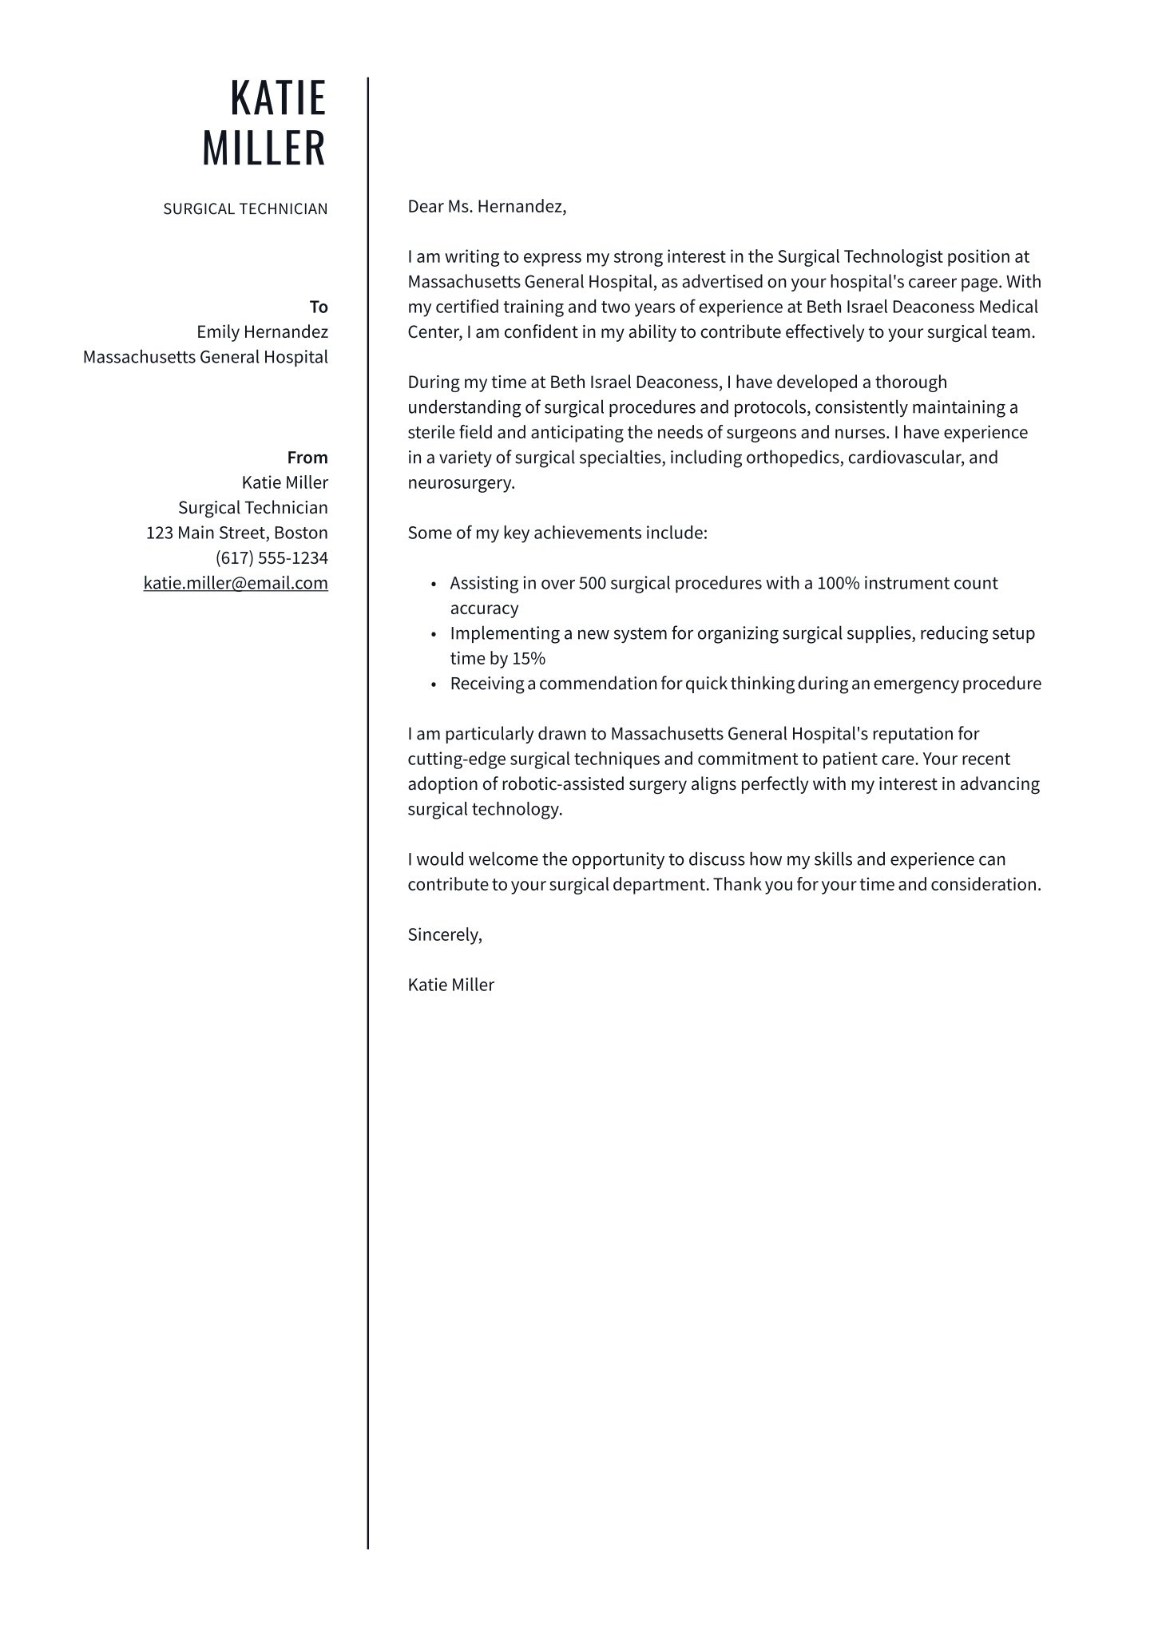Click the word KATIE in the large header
[x=278, y=98]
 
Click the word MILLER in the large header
[x=264, y=149]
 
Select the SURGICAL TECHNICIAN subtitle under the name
[x=245, y=209]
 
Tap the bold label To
[x=319, y=307]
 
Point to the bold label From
[x=307, y=458]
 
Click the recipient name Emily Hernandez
[x=262, y=332]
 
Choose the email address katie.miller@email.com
[x=236, y=583]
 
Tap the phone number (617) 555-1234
[x=272, y=558]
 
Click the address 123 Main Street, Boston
[x=236, y=533]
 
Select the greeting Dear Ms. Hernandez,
[x=486, y=207]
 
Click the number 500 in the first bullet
[x=593, y=583]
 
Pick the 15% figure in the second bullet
[x=529, y=659]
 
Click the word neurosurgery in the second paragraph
[x=460, y=483]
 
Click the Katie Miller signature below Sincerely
[x=450, y=985]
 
